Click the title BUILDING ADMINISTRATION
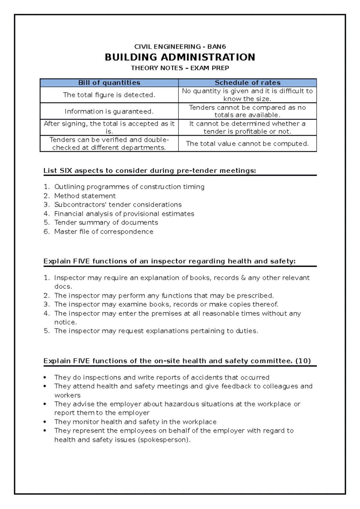pos(180,57)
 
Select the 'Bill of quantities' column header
pos(109,83)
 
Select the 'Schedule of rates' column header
pos(247,83)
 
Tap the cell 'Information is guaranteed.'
pos(109,111)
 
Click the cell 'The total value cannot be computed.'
pos(247,144)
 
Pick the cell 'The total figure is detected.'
pos(109,95)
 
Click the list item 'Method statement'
pos(85,196)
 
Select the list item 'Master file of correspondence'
pos(104,231)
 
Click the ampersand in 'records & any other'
pos(243,278)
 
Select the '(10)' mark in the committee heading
pos(303,361)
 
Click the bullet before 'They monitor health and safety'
pos(45,422)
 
